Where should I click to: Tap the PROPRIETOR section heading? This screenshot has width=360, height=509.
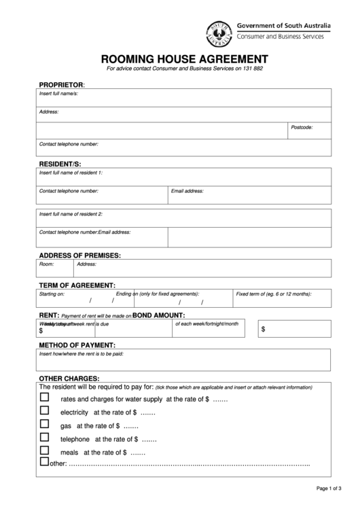(61, 84)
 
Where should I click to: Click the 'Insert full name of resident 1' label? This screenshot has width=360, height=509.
(71, 173)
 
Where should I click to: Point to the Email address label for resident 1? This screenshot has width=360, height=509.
(187, 191)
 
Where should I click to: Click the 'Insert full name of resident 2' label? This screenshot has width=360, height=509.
(71, 214)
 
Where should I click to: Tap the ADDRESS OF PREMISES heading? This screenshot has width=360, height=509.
(79, 255)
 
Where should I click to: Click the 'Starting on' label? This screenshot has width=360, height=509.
(52, 294)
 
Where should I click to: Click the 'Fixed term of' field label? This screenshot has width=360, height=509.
(273, 294)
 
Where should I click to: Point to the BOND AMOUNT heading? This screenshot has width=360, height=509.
(168, 315)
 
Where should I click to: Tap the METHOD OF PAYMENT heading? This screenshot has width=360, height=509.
(77, 345)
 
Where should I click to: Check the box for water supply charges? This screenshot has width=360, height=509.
(46, 398)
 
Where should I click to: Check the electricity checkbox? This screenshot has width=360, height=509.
(46, 410)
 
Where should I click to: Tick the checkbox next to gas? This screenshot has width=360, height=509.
(46, 424)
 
